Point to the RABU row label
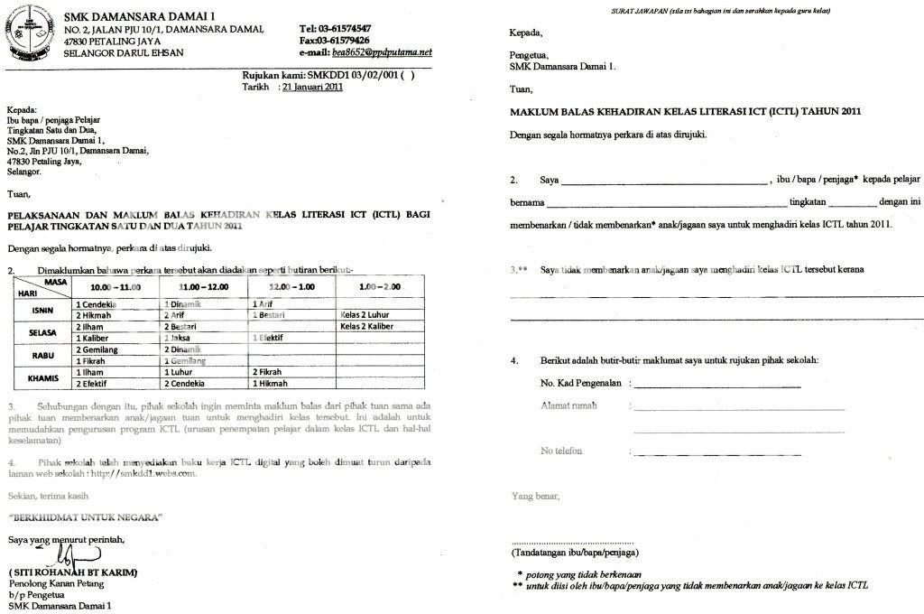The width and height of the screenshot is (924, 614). click(42, 355)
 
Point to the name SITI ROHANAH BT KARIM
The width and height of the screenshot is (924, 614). click(78, 573)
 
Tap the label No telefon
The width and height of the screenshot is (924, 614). click(561, 451)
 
